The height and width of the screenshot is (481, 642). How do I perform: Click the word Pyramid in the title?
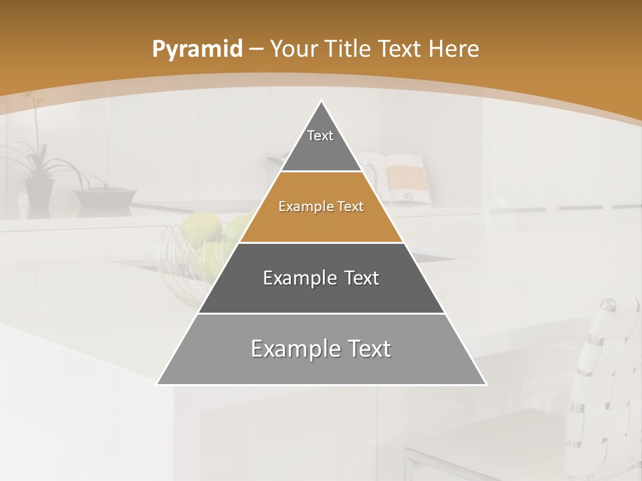pyautogui.click(x=197, y=49)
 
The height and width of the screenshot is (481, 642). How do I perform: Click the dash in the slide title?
pyautogui.click(x=256, y=49)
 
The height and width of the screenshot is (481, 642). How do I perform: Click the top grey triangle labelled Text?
pyautogui.click(x=321, y=144)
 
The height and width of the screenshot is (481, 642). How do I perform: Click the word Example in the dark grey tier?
pyautogui.click(x=293, y=278)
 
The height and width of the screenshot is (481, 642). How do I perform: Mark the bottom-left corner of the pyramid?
pyautogui.click(x=157, y=384)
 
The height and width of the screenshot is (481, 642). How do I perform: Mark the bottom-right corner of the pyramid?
pyautogui.click(x=486, y=384)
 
